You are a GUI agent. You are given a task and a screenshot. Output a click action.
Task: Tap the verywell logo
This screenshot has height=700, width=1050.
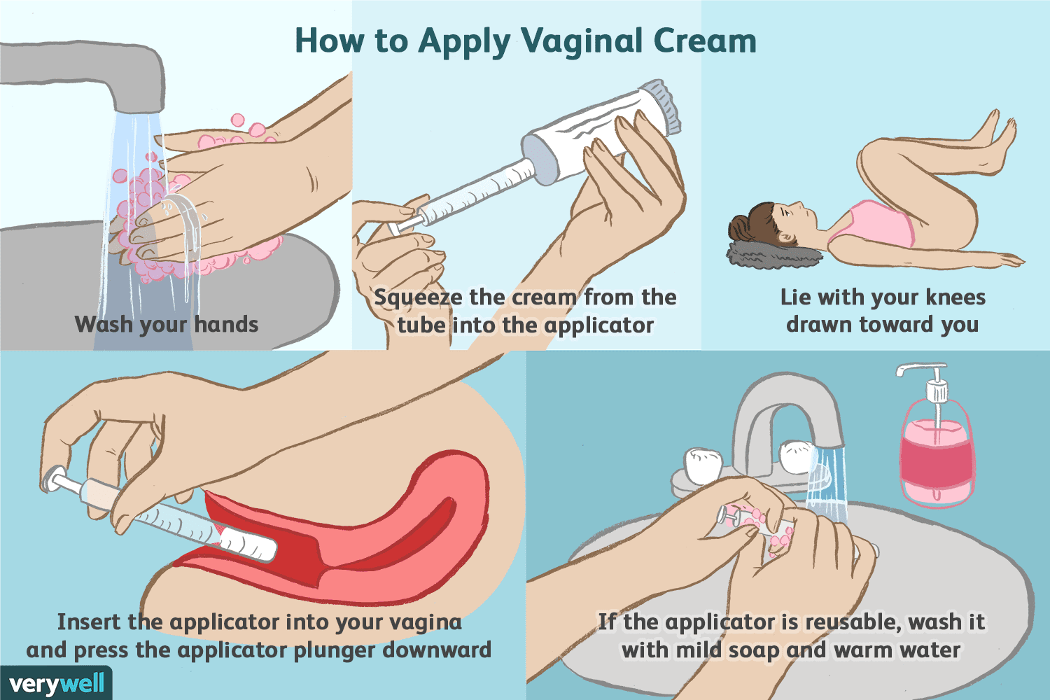(56, 684)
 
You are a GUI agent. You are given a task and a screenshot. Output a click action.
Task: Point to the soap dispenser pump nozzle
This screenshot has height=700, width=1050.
(910, 368)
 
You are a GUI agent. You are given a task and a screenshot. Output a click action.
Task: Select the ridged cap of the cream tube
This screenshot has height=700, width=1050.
(661, 106)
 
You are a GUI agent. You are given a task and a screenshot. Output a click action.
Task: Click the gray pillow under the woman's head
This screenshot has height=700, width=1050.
(770, 255)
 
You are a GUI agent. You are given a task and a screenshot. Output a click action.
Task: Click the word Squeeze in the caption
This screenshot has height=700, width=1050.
(418, 297)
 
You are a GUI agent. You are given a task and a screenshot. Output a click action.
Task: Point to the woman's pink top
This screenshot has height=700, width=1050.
(875, 224)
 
